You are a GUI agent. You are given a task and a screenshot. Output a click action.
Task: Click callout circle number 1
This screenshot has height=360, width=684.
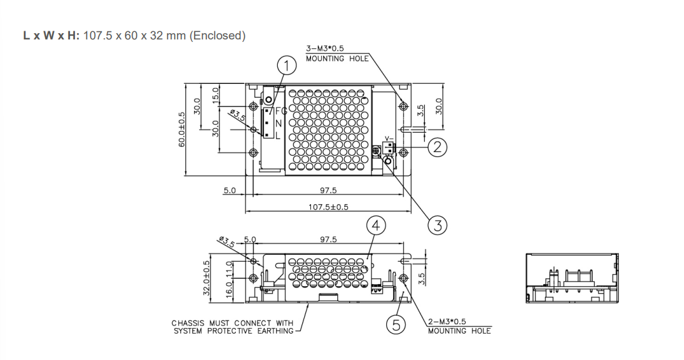(x=286, y=65)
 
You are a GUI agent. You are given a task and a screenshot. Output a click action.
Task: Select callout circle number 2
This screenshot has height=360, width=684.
(x=437, y=147)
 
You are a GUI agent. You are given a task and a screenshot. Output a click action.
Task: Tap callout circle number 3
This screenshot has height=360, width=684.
(x=437, y=224)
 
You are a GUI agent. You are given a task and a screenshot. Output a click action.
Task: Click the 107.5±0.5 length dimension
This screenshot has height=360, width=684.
(x=328, y=206)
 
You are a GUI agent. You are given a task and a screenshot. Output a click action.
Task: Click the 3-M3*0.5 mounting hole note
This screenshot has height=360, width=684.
(x=334, y=53)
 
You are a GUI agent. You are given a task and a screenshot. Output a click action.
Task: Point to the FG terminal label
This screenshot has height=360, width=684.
(x=280, y=111)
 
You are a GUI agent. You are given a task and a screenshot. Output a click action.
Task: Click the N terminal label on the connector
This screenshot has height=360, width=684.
(x=278, y=123)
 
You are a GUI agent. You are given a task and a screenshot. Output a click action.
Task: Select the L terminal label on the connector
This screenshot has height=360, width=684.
(x=278, y=135)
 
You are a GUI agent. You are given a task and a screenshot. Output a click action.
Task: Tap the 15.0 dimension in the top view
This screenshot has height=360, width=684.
(x=215, y=95)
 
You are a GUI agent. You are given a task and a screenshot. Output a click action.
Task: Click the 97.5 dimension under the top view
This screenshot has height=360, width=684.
(x=328, y=190)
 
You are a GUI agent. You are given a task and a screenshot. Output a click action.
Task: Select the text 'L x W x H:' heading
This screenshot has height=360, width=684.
(x=52, y=36)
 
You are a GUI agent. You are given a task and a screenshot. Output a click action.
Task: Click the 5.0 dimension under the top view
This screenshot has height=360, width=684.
(x=230, y=190)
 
